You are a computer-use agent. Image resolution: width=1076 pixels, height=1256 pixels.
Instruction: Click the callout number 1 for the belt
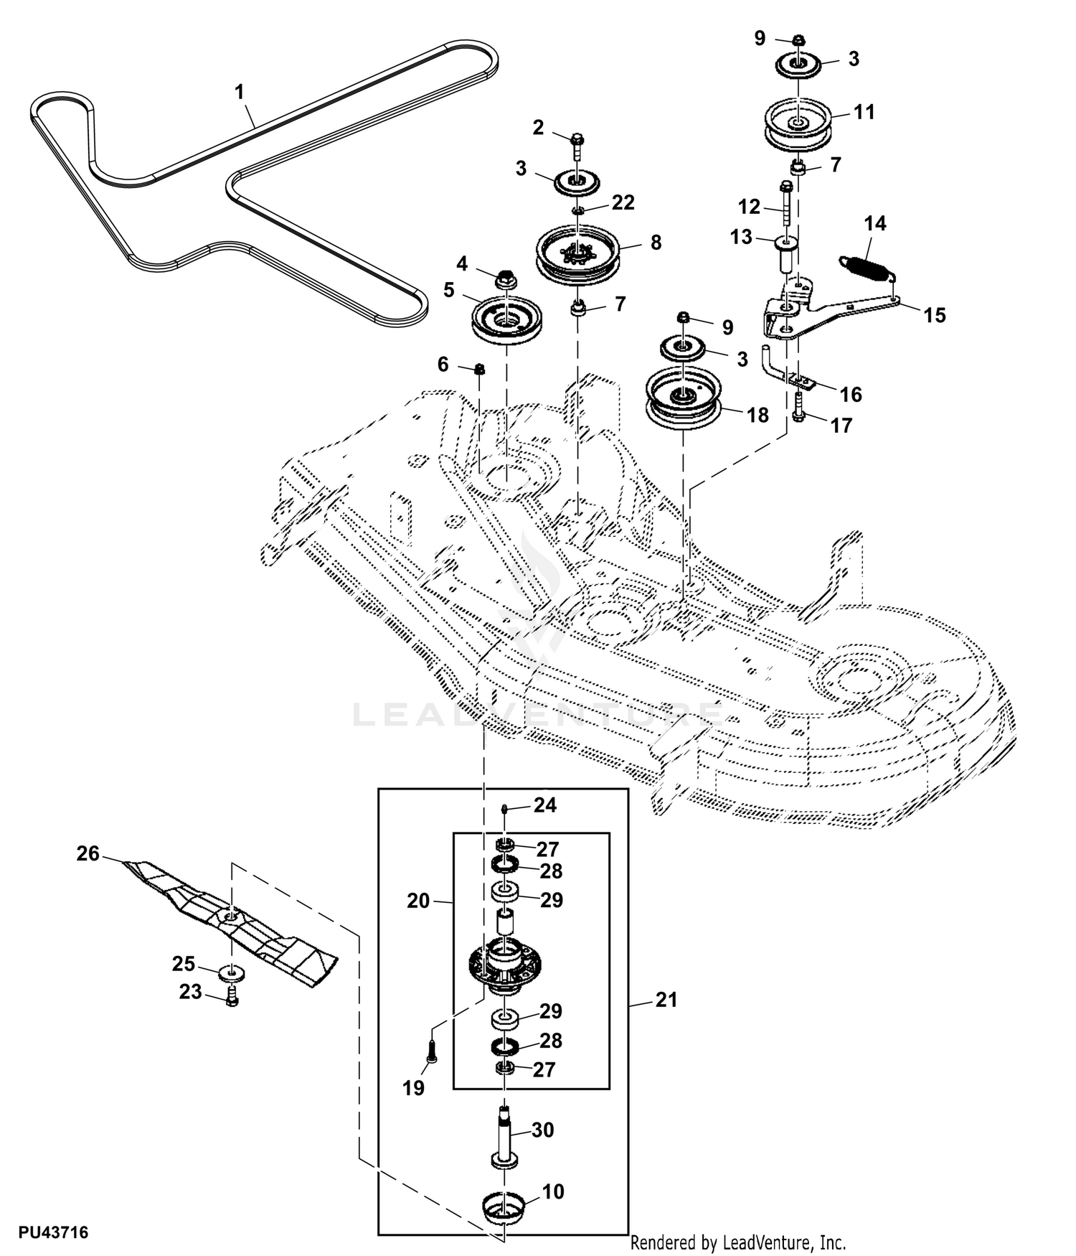(240, 92)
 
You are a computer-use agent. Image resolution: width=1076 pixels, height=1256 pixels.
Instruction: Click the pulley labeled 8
(578, 255)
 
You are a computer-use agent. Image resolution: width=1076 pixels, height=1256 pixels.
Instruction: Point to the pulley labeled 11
(796, 126)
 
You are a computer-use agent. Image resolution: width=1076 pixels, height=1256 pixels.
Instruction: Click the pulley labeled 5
(506, 320)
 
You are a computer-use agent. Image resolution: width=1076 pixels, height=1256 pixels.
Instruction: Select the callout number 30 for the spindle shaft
(543, 1130)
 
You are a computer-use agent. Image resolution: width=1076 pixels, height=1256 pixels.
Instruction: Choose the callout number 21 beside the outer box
(666, 1000)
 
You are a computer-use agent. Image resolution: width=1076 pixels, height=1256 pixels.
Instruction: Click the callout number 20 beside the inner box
(418, 901)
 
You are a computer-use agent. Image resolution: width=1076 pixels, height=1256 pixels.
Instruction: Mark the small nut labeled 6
(480, 369)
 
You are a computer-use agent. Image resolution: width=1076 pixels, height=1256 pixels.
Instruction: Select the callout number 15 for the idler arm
(935, 315)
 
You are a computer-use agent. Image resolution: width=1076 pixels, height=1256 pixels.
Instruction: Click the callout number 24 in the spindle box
(545, 805)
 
